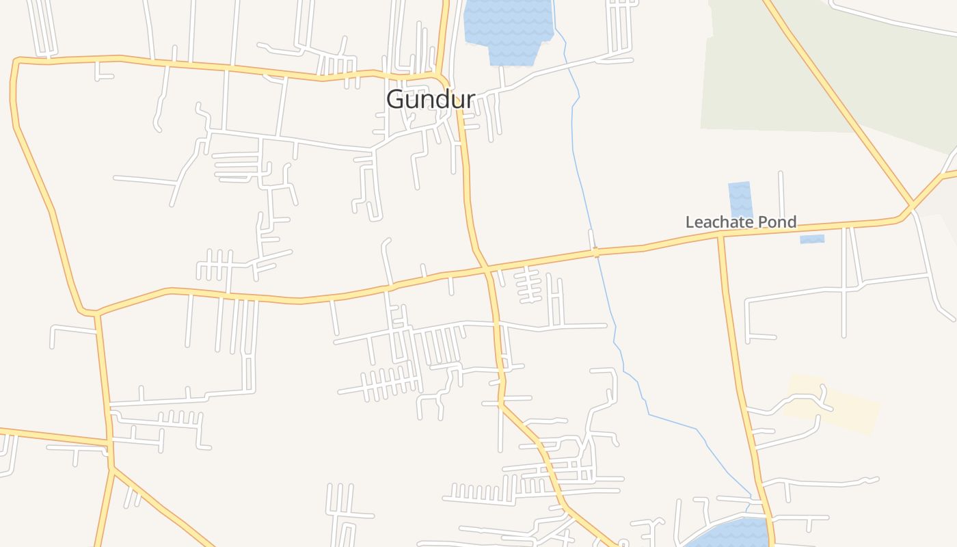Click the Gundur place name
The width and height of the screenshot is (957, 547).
coord(430,100)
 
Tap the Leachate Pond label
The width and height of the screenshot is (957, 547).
coord(741,222)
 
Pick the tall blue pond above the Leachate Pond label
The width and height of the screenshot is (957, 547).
coord(740,199)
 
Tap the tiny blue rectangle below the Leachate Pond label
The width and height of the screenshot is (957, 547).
coord(812,239)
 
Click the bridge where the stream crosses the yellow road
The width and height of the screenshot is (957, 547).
coord(596,252)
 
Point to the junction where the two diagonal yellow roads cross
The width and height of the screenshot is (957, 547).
coord(912,204)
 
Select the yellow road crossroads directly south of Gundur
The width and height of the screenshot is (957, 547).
coord(487,270)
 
